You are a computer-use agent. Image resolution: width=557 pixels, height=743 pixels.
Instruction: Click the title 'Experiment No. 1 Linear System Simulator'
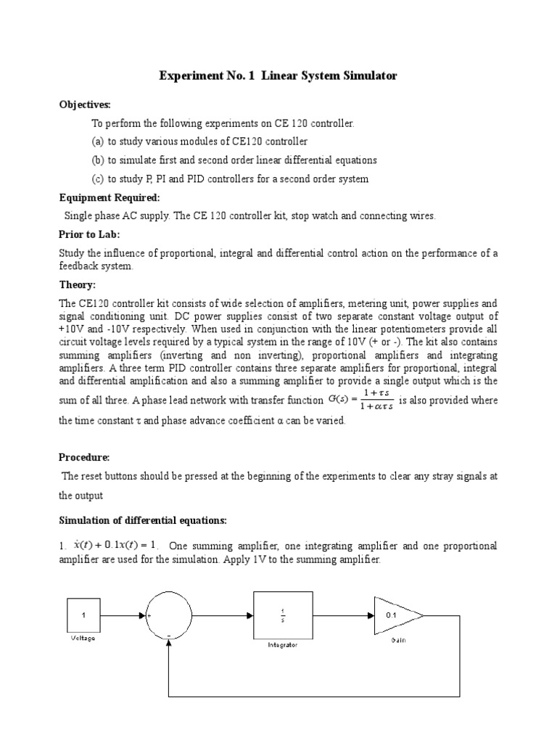point(278,75)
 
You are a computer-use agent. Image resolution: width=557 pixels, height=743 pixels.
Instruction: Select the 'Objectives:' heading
point(85,105)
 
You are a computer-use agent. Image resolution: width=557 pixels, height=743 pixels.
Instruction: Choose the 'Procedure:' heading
point(84,457)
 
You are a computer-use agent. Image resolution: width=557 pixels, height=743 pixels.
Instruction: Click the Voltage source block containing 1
point(83,616)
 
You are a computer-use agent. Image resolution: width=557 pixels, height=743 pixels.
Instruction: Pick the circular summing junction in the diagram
point(169,616)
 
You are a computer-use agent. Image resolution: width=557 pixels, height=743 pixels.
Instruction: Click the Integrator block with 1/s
point(284,616)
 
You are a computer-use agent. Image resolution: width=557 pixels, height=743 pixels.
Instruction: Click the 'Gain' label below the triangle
point(398,640)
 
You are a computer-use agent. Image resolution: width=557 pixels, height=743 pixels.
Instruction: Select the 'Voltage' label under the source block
point(83,639)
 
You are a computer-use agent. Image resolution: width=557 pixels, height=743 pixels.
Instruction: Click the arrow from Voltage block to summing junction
point(123,616)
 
